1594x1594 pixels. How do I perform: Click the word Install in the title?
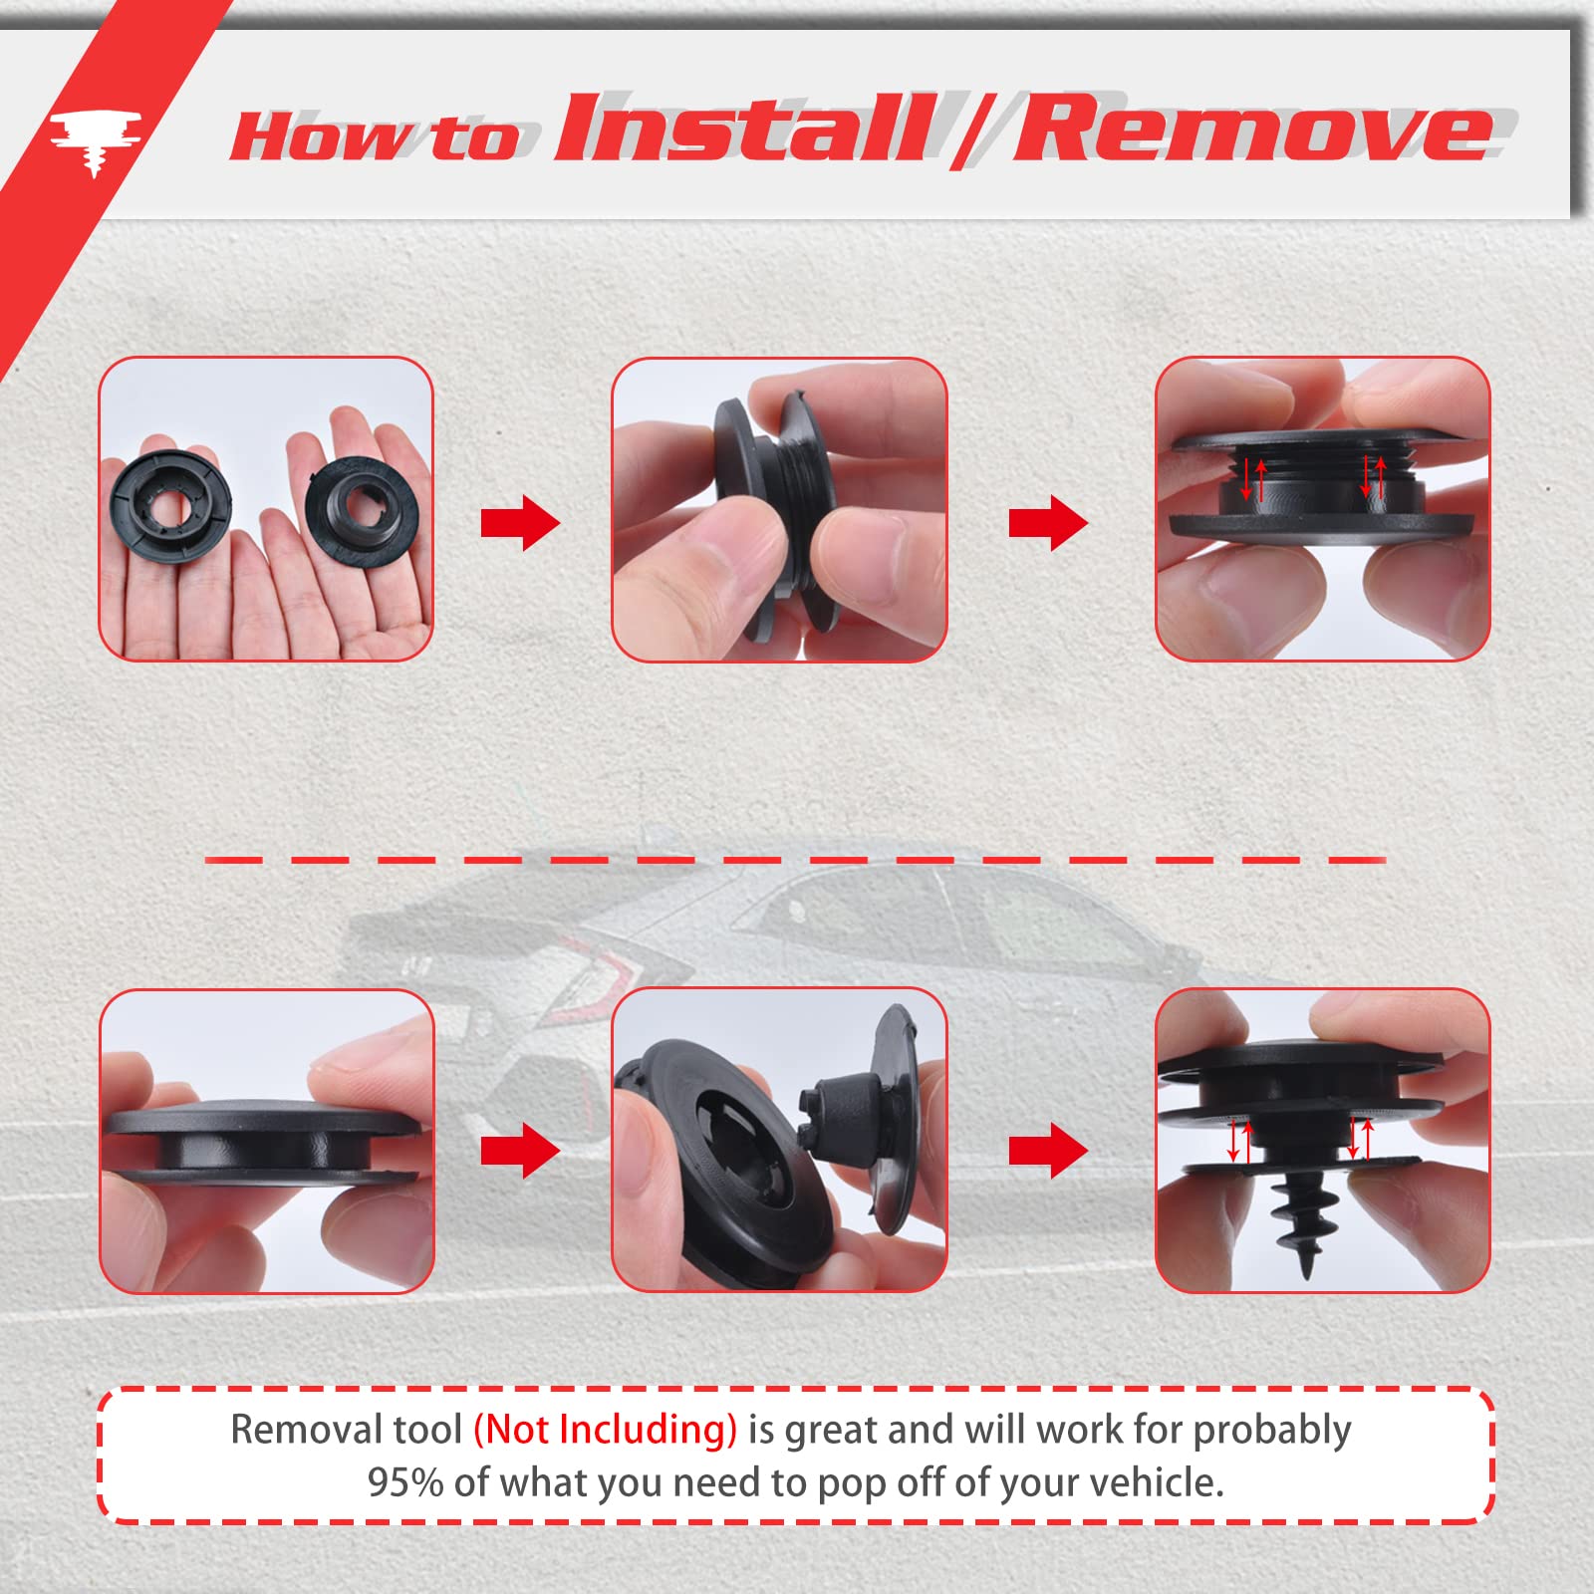point(742,130)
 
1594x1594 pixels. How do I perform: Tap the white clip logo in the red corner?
point(95,139)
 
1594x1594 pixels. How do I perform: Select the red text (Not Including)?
point(605,1430)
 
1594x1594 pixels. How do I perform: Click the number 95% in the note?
point(404,1482)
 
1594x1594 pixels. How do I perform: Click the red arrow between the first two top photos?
point(520,522)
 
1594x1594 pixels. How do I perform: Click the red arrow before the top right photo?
point(1048,522)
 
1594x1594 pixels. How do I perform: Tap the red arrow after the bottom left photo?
point(520,1152)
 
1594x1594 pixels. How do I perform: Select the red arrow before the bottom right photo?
point(1048,1152)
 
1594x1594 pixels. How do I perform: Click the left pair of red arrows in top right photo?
point(1253,481)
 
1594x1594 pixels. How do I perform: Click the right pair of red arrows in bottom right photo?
point(1360,1139)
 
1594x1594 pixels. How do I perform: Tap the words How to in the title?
point(374,137)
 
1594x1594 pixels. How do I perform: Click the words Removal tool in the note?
point(346,1430)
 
